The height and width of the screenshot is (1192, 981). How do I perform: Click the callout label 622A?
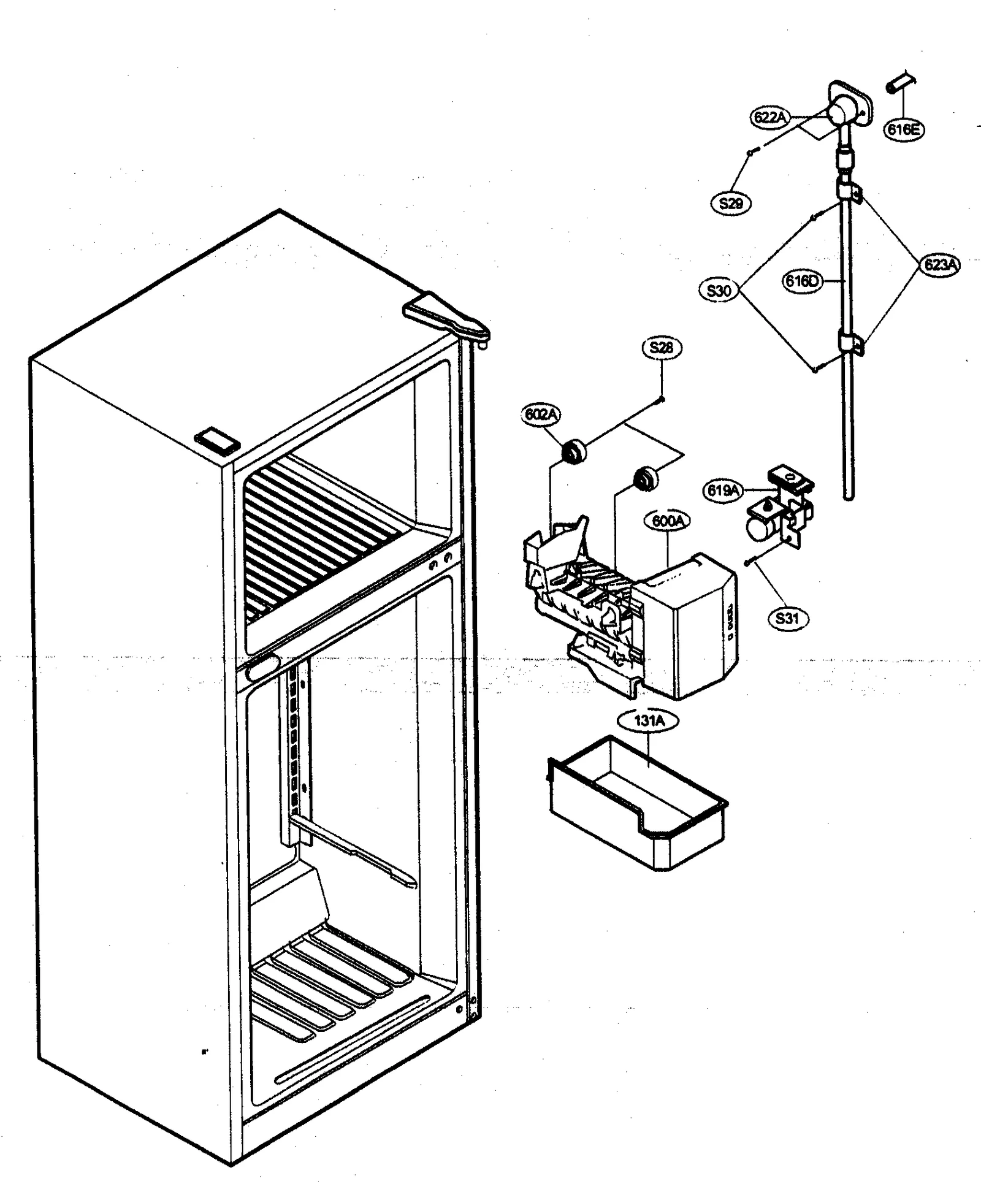pos(770,117)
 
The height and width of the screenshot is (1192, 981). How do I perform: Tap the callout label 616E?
pos(904,129)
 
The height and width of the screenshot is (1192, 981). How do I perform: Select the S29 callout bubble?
pos(731,203)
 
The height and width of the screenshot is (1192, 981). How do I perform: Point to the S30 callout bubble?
pos(719,290)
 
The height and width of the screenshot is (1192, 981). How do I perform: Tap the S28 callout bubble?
pos(661,348)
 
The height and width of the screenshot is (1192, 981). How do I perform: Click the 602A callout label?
pos(541,415)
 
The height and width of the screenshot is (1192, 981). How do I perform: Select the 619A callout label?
pos(723,490)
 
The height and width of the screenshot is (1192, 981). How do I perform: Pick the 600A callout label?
pos(667,521)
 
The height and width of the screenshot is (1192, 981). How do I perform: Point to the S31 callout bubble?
pos(787,618)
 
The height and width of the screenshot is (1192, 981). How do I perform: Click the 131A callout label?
pos(649,721)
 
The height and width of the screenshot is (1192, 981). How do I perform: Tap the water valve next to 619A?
pos(779,515)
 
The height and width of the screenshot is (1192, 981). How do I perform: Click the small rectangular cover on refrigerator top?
pos(216,441)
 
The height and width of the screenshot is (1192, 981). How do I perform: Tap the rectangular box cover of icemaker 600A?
pos(687,625)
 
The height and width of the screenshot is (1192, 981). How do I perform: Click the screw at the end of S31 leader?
pos(749,562)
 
